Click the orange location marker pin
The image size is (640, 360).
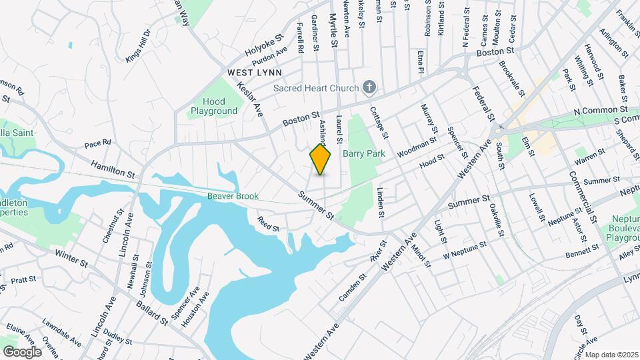click(x=321, y=159)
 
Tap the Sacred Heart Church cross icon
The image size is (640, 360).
click(x=369, y=87)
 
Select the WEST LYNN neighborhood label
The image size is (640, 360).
click(x=255, y=72)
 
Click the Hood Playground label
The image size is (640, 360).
click(x=214, y=106)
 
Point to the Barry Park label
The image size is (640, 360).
click(x=364, y=153)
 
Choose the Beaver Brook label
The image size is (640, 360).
click(x=232, y=196)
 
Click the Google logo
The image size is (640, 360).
click(x=22, y=351)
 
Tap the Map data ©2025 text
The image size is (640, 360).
click(x=611, y=354)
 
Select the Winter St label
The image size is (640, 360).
click(x=71, y=258)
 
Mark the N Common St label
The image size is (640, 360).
click(x=601, y=110)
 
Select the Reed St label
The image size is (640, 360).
click(x=269, y=223)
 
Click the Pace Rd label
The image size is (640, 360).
click(x=97, y=144)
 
